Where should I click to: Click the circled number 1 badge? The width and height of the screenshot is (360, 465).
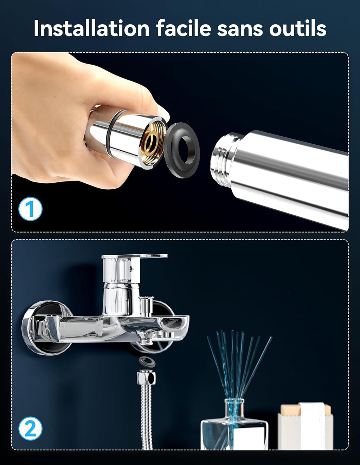tap(30, 209)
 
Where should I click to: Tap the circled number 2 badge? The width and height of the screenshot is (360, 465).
tap(30, 428)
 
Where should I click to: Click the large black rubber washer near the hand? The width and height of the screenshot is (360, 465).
tap(182, 150)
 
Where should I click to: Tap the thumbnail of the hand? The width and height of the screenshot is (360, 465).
tap(162, 112)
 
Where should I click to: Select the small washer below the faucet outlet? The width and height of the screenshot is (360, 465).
tap(147, 362)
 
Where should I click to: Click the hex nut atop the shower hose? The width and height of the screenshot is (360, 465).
tap(147, 378)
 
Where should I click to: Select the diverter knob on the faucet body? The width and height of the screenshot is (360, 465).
tap(146, 305)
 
